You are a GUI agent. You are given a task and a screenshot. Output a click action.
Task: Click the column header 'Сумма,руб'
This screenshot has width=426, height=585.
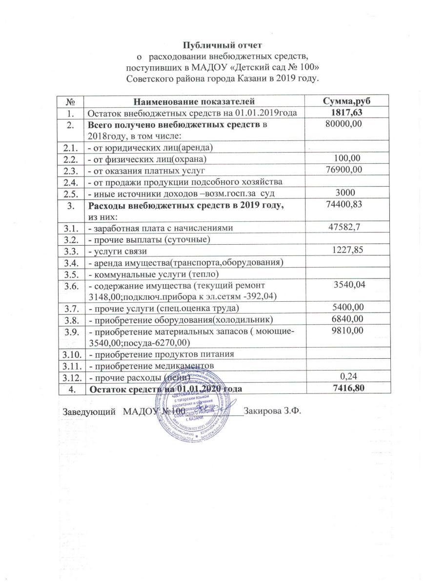point(345,101)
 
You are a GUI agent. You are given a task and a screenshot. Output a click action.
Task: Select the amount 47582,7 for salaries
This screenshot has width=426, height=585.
point(345,227)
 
